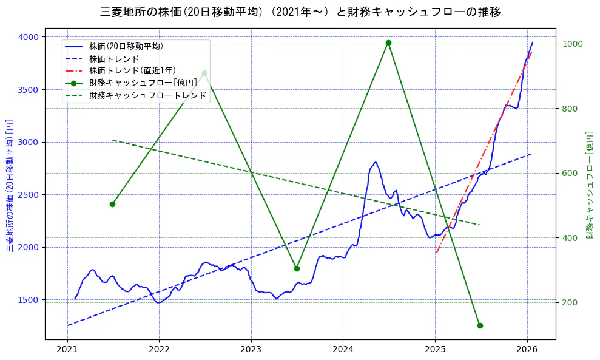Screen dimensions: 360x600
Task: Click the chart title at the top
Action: [300, 12]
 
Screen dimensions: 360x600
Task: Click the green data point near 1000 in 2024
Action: [388, 42]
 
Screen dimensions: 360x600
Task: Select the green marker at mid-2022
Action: [204, 73]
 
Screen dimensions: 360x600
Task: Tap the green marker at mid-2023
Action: [297, 268]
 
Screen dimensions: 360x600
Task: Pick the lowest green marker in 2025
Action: [480, 325]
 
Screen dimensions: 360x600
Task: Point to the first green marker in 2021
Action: [112, 204]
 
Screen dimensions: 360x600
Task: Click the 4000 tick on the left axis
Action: [27, 37]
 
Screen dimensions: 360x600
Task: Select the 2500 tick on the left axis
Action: [27, 195]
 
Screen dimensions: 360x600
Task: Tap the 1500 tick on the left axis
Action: [27, 300]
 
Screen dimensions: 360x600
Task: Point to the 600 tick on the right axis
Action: [570, 173]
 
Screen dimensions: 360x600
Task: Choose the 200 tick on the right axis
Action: [570, 302]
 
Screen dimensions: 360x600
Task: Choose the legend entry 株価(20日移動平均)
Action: [126, 46]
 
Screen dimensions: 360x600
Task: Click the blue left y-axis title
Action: [10, 185]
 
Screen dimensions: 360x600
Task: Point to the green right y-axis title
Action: [589, 185]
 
